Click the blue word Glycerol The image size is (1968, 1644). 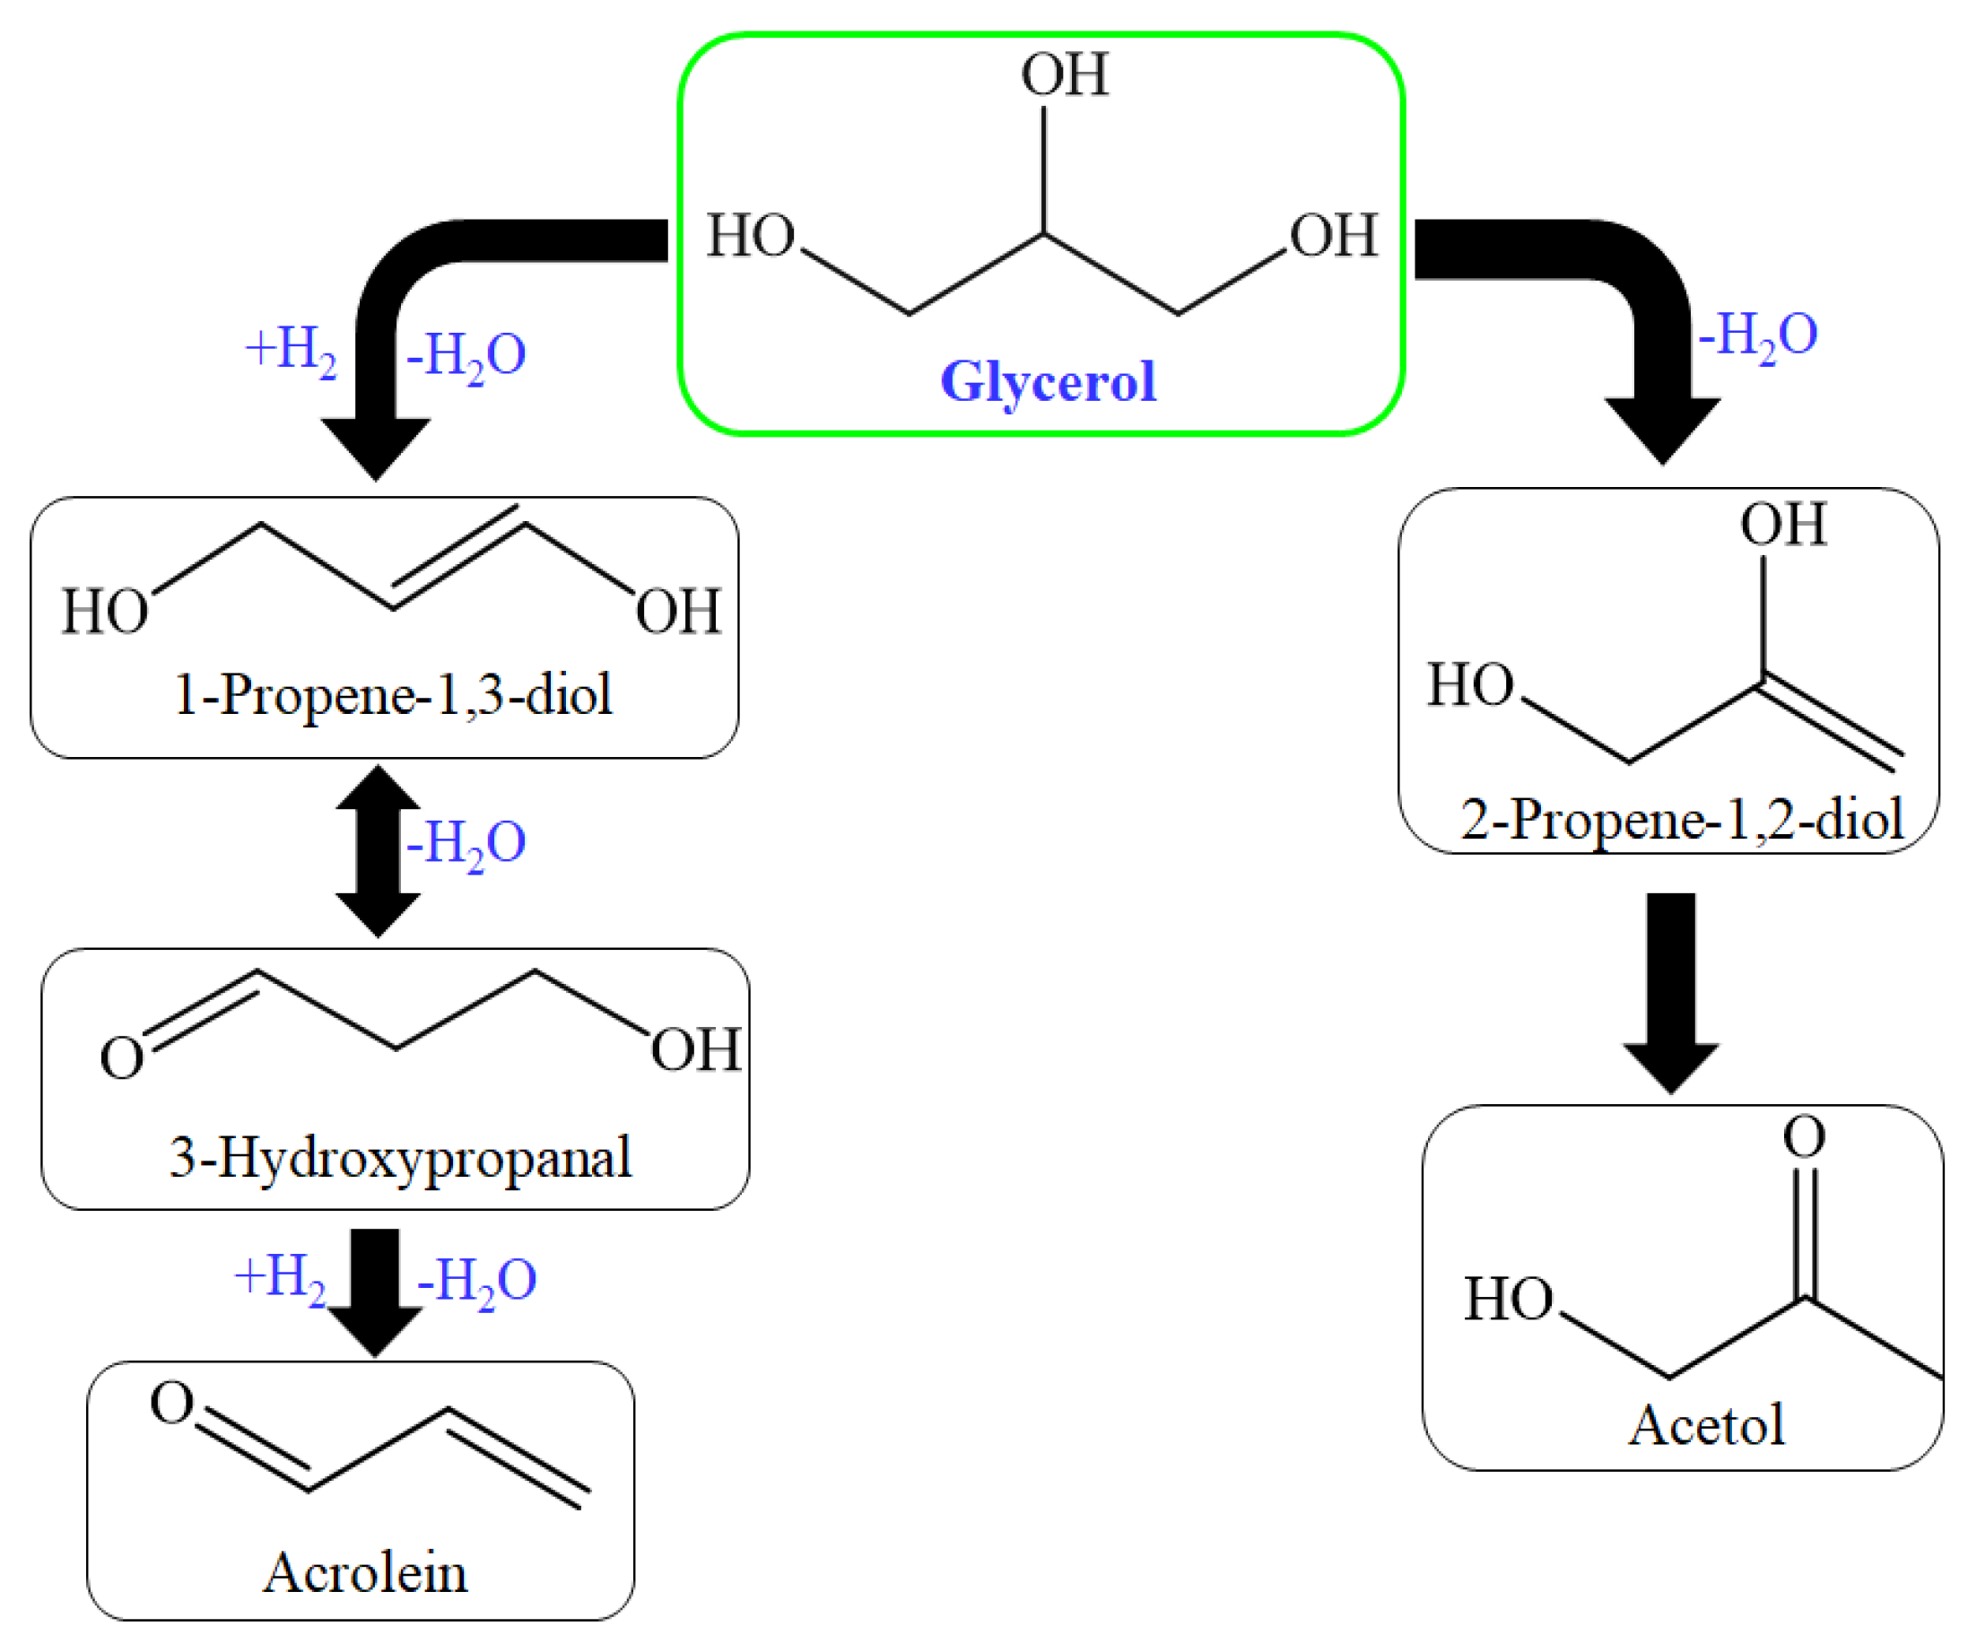[1048, 380]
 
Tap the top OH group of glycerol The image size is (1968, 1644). [1065, 75]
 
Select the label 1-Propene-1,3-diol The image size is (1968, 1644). [394, 694]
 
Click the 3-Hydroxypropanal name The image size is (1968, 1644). [400, 1157]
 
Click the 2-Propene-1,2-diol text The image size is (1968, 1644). [1681, 819]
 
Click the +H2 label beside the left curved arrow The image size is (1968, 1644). [291, 352]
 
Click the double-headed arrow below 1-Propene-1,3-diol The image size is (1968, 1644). [378, 850]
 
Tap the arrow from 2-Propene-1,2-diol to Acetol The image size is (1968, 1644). [1671, 989]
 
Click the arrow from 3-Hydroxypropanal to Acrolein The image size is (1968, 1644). [375, 1289]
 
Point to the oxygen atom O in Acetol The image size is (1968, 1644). [1804, 1136]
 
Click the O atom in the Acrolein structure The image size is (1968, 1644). [172, 1403]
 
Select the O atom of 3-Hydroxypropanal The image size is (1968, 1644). [122, 1058]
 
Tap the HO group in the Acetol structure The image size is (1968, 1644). [1508, 1299]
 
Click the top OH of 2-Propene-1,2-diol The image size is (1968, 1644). [1783, 524]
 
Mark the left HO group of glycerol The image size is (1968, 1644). [750, 235]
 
